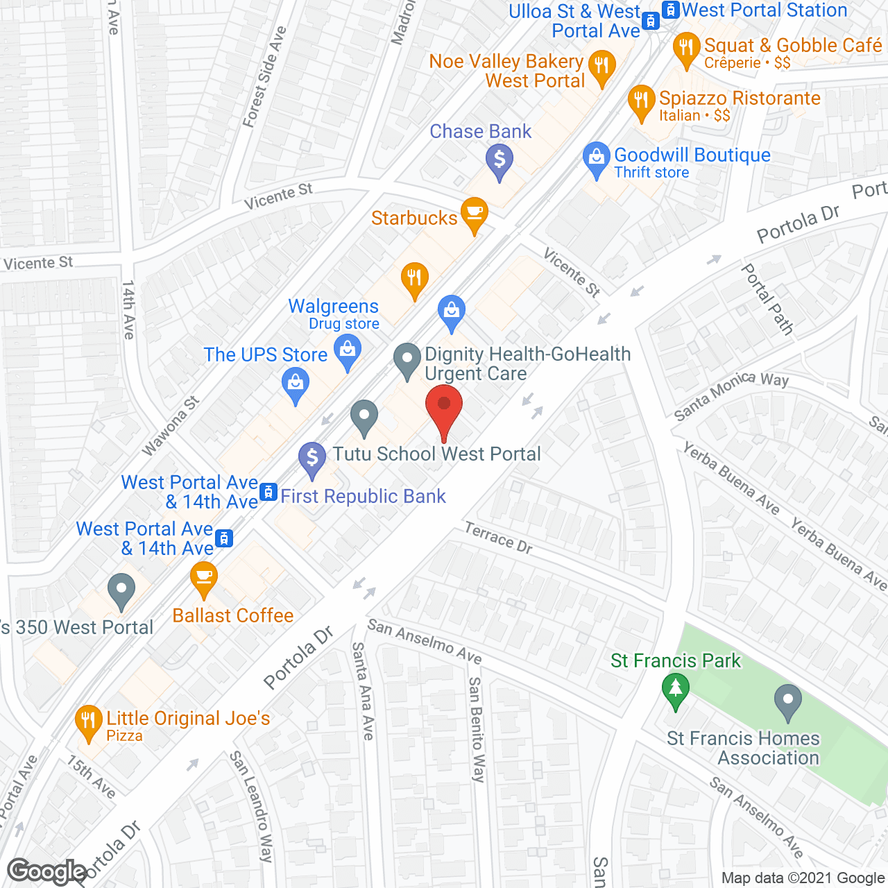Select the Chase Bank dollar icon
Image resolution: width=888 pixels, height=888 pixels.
[x=499, y=160]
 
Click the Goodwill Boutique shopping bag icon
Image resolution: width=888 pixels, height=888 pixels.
[x=596, y=158]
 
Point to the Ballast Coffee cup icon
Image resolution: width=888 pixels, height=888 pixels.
[x=203, y=577]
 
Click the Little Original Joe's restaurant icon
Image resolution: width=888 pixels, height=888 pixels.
[x=87, y=721]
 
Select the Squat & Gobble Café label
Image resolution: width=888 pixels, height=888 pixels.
[x=792, y=46]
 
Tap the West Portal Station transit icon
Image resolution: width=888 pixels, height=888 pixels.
[x=670, y=10]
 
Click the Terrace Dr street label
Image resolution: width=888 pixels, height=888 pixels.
[x=498, y=538]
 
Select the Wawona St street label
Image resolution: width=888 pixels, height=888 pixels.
[x=171, y=426]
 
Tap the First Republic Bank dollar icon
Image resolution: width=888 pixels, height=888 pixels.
[x=312, y=458]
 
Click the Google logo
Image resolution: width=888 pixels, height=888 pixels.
[x=47, y=871]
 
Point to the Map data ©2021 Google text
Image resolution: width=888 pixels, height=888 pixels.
[x=803, y=878]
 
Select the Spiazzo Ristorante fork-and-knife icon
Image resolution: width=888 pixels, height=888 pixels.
[x=642, y=101]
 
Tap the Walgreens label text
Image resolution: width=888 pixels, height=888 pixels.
[x=333, y=306]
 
